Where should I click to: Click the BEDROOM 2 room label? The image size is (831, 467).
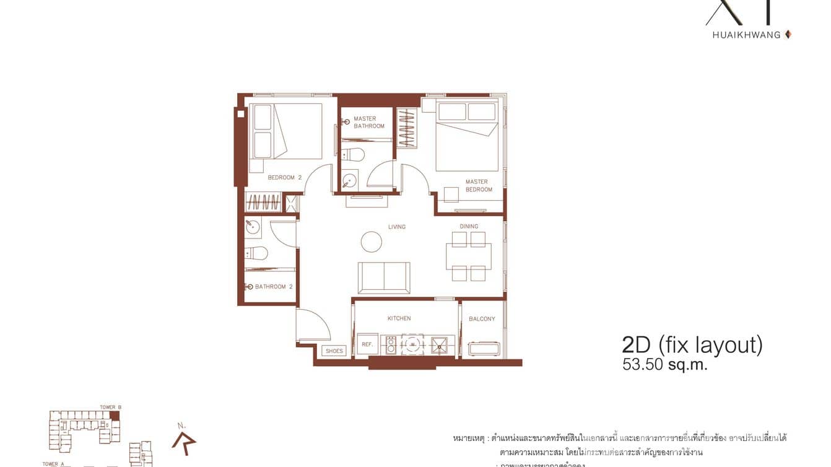(284, 178)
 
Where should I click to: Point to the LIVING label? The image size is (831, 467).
(397, 227)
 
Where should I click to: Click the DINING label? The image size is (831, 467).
(469, 227)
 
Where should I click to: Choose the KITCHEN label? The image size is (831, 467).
(399, 318)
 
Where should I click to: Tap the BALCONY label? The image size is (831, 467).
(482, 319)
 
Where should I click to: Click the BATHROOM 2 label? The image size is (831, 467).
(274, 287)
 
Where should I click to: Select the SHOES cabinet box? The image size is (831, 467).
(334, 351)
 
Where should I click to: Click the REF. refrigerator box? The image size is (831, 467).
(366, 344)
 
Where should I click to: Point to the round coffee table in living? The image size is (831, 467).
(372, 242)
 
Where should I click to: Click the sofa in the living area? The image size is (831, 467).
(384, 277)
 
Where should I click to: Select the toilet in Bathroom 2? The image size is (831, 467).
(256, 253)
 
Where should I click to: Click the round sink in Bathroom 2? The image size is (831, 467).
(253, 227)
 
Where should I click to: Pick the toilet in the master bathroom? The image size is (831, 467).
(352, 154)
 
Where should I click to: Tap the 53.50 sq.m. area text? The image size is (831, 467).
(664, 365)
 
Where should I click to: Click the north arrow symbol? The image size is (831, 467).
(185, 441)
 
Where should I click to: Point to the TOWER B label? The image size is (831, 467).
(110, 408)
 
